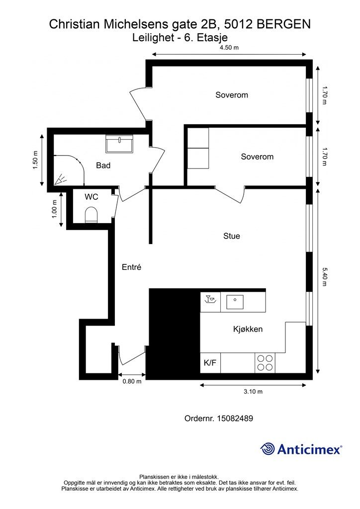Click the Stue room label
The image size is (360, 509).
[x=231, y=236]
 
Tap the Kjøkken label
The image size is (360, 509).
[x=248, y=329]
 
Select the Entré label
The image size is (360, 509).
[x=131, y=267]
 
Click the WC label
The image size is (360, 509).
[x=91, y=197]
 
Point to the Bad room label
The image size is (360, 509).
[x=103, y=166]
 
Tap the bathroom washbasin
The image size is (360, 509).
[x=119, y=144]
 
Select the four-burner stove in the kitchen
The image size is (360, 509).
[x=265, y=363]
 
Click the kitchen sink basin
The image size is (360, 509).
[x=235, y=302]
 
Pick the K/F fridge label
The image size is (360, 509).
[x=210, y=363]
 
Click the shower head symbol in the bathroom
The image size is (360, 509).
[x=60, y=179]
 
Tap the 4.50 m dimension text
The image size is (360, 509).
[x=229, y=48]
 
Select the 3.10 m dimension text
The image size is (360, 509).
[x=253, y=392]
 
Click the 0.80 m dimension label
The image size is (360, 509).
[x=132, y=381]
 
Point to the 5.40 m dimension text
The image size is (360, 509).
[x=324, y=277]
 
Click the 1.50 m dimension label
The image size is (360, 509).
[x=35, y=160]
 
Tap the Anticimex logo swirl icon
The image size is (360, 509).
[x=267, y=449]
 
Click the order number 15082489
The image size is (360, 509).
[x=235, y=419]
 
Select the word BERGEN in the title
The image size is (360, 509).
[x=283, y=24]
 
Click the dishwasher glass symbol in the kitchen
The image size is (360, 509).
[x=210, y=299]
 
